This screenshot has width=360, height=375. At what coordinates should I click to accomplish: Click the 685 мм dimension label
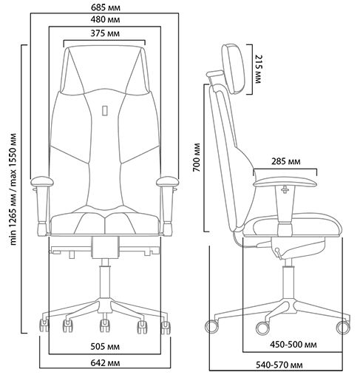click(106, 7)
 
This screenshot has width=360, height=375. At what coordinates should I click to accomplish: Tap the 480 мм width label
click(105, 19)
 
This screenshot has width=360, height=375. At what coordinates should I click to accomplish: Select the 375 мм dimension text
click(105, 33)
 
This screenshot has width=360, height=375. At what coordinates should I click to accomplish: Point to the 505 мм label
click(105, 347)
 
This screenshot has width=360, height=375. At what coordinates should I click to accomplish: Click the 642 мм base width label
click(105, 363)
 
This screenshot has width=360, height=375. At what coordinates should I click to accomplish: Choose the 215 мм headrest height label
click(258, 69)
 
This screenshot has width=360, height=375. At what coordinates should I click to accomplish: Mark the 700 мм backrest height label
click(197, 158)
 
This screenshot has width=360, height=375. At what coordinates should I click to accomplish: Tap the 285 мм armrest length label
click(286, 161)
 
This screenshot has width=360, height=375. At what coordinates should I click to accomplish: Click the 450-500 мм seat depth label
click(293, 345)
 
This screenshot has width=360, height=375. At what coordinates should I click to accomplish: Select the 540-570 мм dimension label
click(279, 365)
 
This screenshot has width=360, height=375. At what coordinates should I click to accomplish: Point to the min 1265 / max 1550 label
click(13, 189)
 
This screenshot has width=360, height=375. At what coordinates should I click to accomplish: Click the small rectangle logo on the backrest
click(105, 110)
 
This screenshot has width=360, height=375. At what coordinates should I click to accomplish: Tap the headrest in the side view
click(233, 69)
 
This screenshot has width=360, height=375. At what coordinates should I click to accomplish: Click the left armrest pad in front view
click(42, 182)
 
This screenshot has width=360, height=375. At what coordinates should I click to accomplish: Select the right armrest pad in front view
click(168, 182)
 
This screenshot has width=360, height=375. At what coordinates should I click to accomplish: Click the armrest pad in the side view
click(285, 183)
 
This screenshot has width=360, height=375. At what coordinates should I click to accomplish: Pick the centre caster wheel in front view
click(105, 325)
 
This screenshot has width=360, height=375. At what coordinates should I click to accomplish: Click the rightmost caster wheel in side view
click(343, 328)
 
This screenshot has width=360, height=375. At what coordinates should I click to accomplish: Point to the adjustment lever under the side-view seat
click(278, 254)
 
